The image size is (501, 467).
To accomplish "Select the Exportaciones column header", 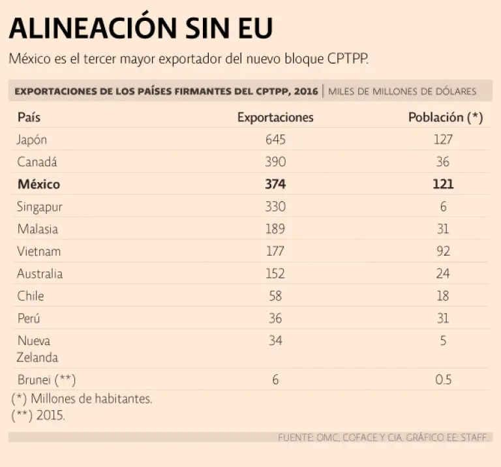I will pyautogui.click(x=275, y=117).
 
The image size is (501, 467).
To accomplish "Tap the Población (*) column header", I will pyautogui.click(x=445, y=117).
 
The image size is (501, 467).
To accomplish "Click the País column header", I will pyautogui.click(x=29, y=117).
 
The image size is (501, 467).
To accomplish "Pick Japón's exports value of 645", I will pyautogui.click(x=275, y=140).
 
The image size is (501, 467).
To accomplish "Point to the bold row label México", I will pyautogui.click(x=38, y=184).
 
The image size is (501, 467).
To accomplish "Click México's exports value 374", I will pyautogui.click(x=275, y=184).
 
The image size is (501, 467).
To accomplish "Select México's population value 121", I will pyautogui.click(x=443, y=184).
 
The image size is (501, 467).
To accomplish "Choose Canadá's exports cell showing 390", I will pyautogui.click(x=275, y=162).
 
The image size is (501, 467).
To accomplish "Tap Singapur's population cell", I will pyautogui.click(x=443, y=207).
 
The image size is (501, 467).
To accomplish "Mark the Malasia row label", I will pyautogui.click(x=38, y=229).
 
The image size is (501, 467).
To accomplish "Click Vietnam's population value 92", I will pyautogui.click(x=443, y=251).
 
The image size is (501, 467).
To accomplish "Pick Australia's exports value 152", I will pyautogui.click(x=275, y=273).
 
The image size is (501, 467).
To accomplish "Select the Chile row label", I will pyautogui.click(x=31, y=295).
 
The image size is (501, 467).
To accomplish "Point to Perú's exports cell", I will pyautogui.click(x=275, y=318).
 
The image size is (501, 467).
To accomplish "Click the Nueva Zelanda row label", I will pyautogui.click(x=37, y=349).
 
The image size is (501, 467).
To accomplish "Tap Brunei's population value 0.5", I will pyautogui.click(x=443, y=380).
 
